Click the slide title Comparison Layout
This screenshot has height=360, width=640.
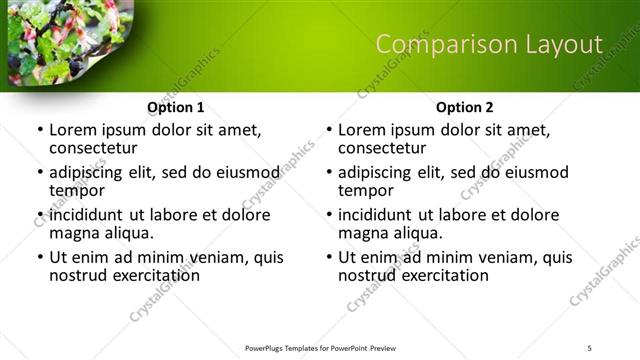pyautogui.click(x=489, y=45)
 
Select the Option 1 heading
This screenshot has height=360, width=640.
pyautogui.click(x=176, y=107)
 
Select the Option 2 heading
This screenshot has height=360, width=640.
pyautogui.click(x=465, y=107)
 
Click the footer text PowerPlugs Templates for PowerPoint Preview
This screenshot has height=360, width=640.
pyautogui.click(x=320, y=347)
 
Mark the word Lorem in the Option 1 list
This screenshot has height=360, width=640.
pyautogui.click(x=72, y=129)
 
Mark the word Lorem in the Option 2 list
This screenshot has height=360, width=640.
pyautogui.click(x=361, y=129)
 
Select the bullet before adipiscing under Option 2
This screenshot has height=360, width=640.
pyautogui.click(x=328, y=172)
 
